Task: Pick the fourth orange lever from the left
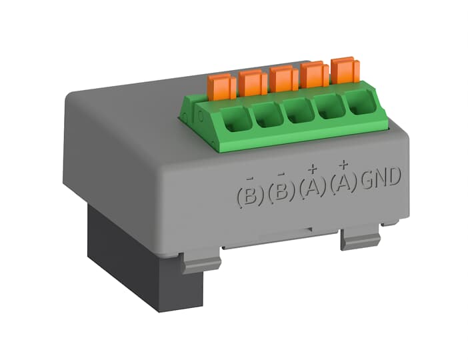[x=313, y=75]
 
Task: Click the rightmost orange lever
[x=345, y=70]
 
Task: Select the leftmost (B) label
[x=249, y=195]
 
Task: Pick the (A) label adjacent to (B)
[x=312, y=186]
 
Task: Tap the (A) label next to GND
[x=343, y=181]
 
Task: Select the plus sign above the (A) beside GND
[x=343, y=164]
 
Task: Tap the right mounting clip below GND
[x=360, y=237]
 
